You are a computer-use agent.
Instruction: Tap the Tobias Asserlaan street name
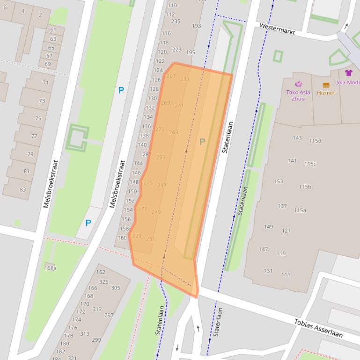point(318,328)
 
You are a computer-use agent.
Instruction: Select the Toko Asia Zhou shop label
point(298,95)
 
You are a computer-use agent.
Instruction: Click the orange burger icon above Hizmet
point(326,85)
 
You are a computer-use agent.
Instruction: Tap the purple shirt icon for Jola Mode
point(349,73)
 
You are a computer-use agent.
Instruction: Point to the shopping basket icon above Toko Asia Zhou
point(298,84)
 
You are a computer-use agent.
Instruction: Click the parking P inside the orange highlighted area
point(202,142)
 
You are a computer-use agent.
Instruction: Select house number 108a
point(50,268)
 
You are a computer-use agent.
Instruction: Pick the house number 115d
point(315,141)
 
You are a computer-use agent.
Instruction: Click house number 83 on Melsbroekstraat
point(23,189)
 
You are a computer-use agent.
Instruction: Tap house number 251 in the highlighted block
point(150,239)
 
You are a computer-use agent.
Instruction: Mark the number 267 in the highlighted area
point(171,76)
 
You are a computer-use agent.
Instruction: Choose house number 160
point(122,238)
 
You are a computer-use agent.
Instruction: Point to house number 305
point(115,288)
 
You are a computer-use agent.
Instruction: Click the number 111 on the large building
point(286,275)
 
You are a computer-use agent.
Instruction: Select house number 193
point(197,26)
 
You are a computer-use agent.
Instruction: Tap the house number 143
point(297,138)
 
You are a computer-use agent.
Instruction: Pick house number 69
point(48,64)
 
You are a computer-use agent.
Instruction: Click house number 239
point(185,79)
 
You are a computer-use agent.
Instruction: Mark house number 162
point(101,272)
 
